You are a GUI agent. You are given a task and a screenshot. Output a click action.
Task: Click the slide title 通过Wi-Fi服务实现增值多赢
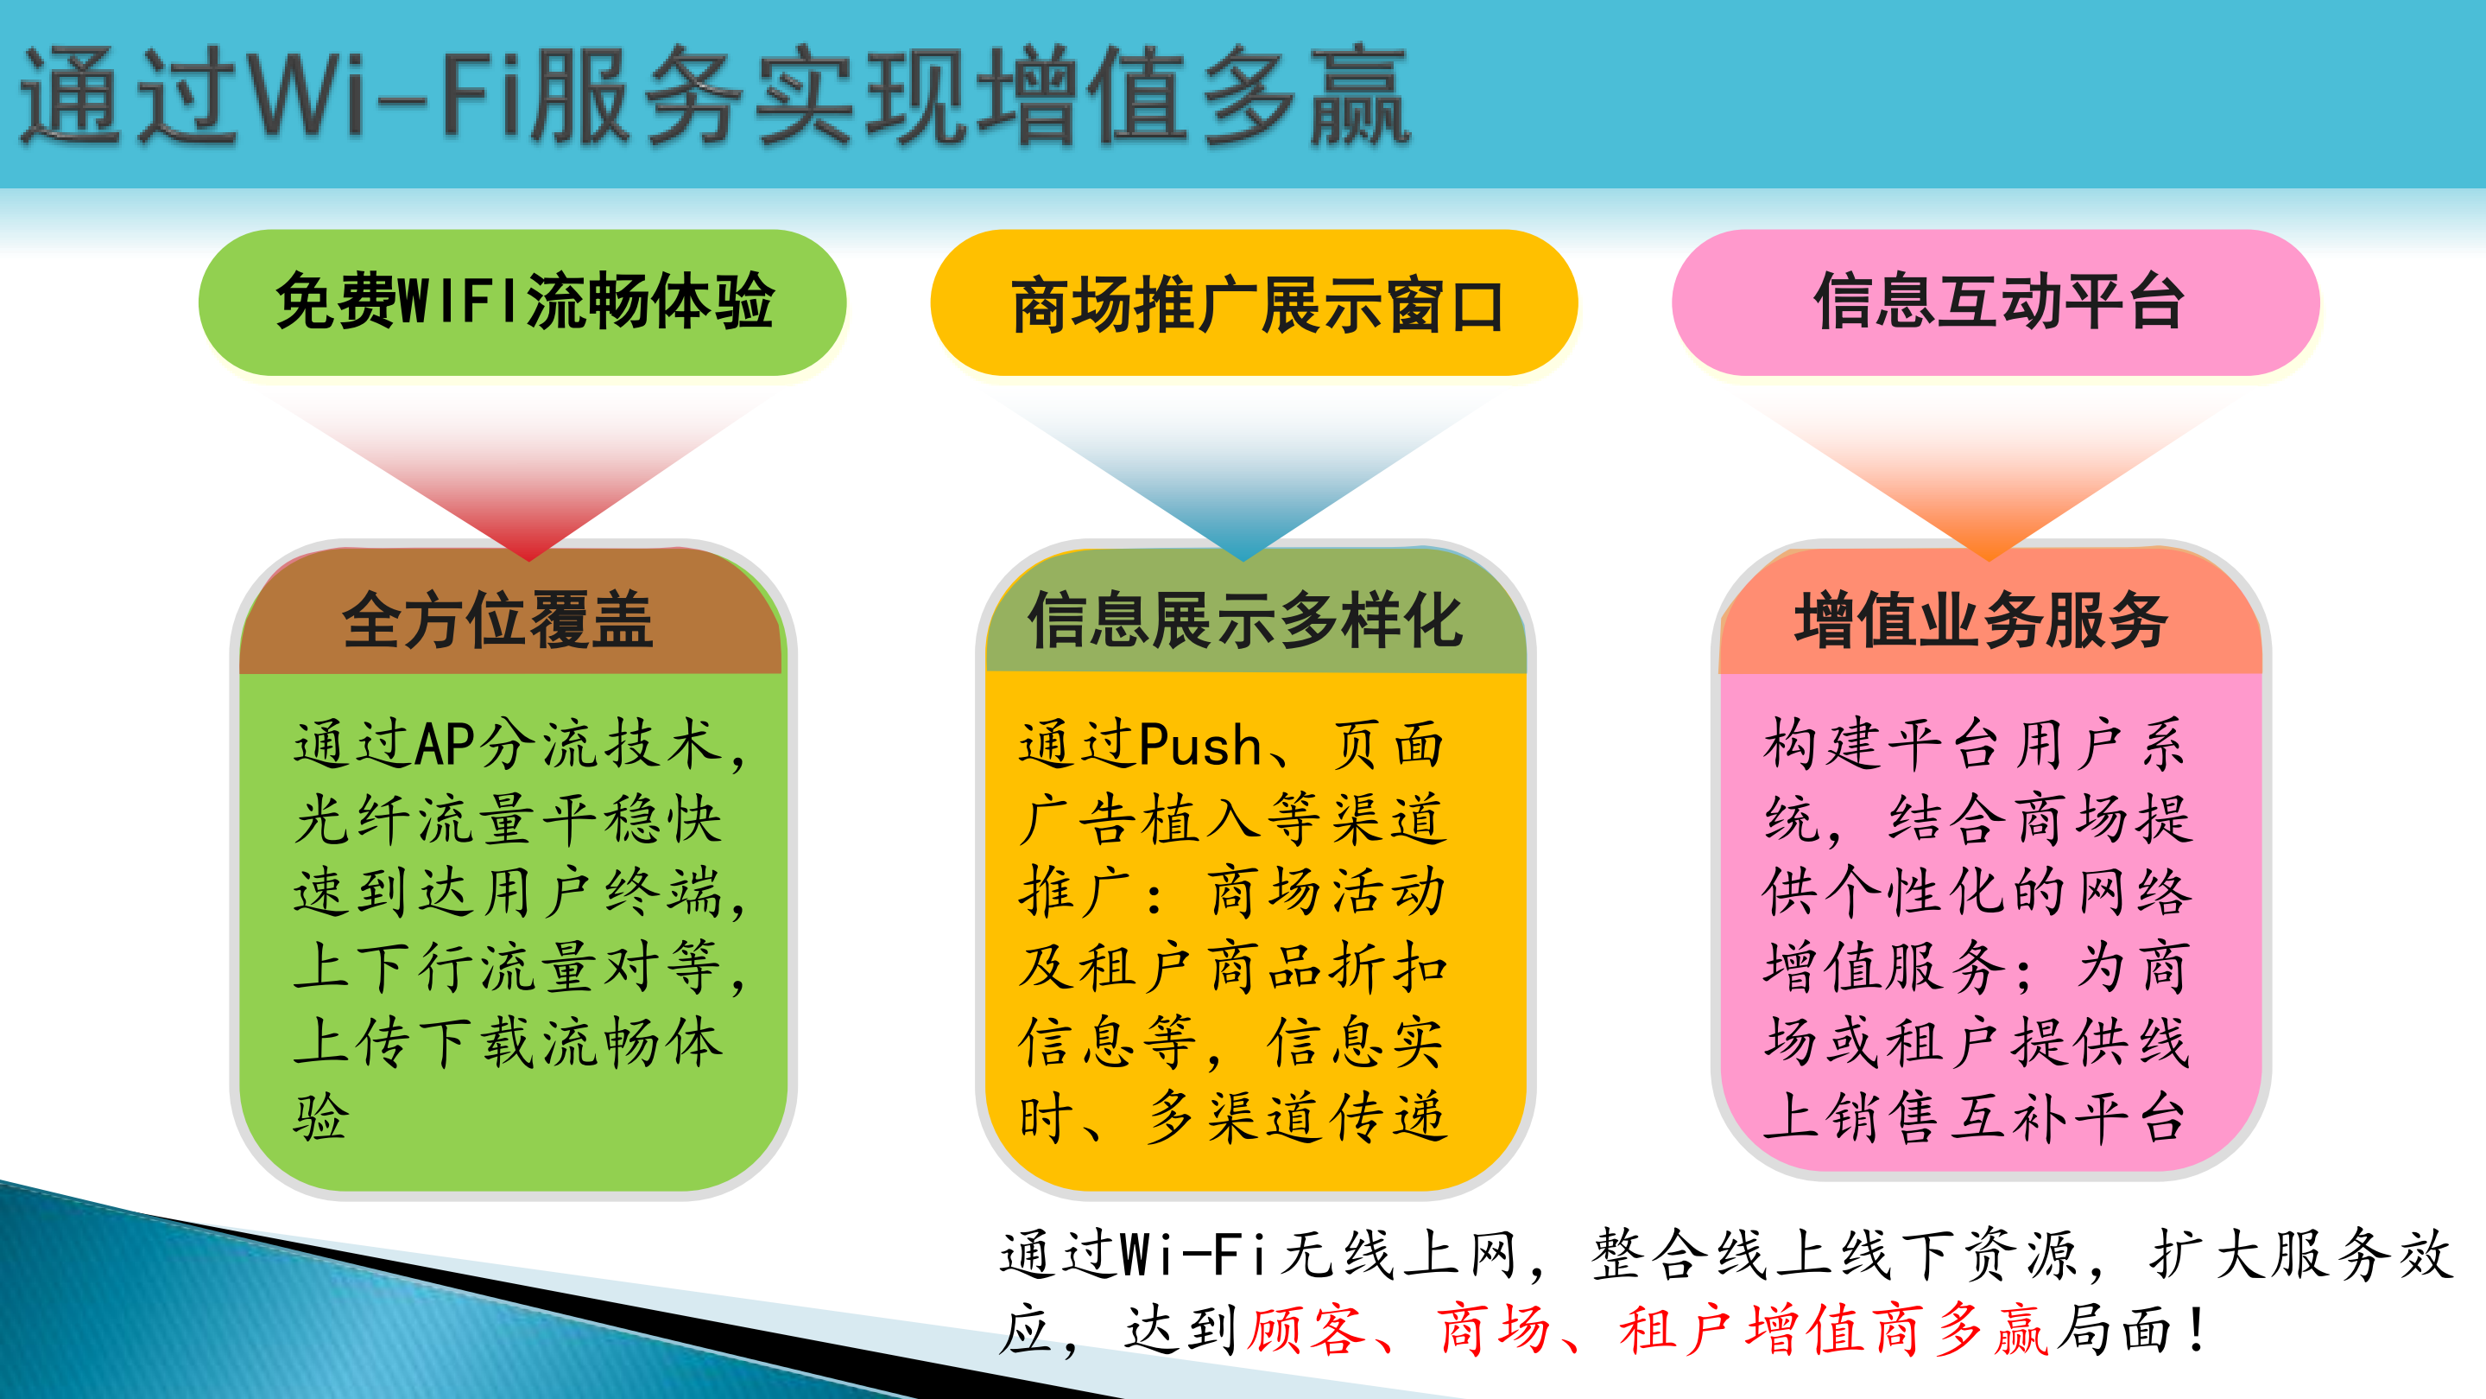pos(714,97)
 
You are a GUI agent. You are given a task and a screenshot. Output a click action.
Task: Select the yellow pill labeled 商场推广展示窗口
pos(1254,304)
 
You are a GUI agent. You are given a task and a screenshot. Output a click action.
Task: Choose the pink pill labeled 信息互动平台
pos(1996,302)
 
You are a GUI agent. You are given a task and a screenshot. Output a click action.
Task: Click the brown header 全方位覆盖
pos(498,620)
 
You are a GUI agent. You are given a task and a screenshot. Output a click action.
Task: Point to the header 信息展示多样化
pos(1245,620)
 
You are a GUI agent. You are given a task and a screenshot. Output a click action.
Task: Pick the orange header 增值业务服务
pos(1980,620)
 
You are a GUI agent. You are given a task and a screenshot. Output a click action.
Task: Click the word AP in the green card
pos(445,746)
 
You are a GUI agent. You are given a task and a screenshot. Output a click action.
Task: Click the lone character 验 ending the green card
pos(320,1117)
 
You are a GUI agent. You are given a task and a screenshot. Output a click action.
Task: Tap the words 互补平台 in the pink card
pos(2065,1117)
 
